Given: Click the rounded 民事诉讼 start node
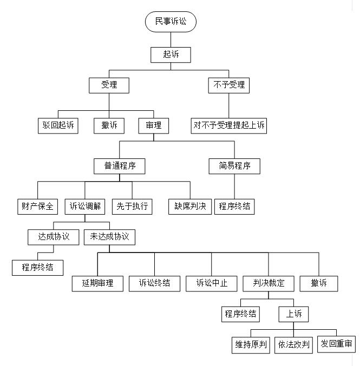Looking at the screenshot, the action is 171,22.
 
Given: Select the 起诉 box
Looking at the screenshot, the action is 171,55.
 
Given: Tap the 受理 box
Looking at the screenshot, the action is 109,85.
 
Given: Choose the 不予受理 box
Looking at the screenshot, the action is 229,85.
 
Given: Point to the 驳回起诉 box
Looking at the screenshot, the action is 58,126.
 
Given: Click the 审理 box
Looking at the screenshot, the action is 154,126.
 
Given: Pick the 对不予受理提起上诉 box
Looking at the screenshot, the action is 229,126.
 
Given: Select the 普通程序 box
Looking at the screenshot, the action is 120,166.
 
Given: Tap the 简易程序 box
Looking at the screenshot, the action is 234,166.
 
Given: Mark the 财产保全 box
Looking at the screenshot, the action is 38,207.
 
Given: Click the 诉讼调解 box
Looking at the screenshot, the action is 85,207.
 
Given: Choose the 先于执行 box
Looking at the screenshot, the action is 132,207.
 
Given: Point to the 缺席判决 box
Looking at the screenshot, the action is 190,207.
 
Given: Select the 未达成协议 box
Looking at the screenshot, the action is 109,237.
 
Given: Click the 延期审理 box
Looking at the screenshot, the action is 97,284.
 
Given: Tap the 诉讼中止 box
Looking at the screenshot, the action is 212,284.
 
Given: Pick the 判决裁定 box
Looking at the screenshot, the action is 269,284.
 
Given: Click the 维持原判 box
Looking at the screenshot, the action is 251,345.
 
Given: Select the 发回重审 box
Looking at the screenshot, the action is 336,344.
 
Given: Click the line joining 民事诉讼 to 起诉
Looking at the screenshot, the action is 171,39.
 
